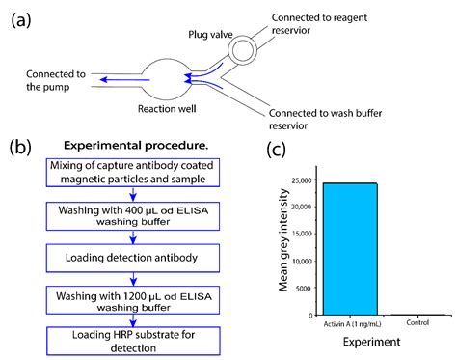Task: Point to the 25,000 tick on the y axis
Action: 301,182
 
